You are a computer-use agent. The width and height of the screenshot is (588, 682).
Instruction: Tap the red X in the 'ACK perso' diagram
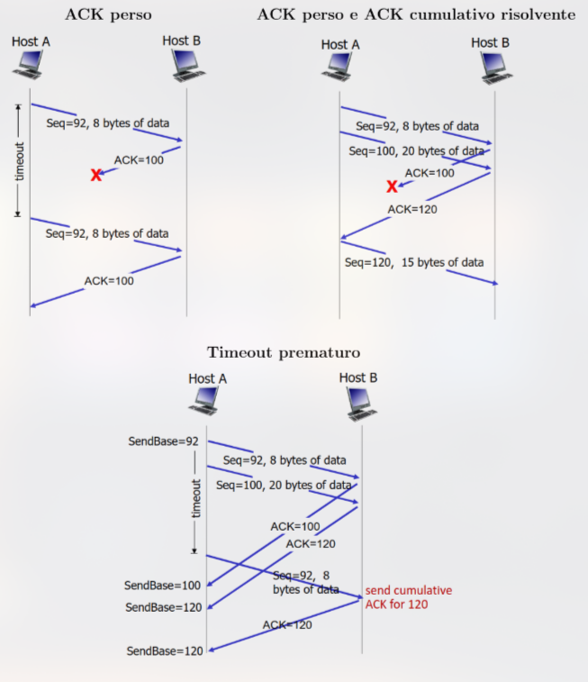pyautogui.click(x=96, y=175)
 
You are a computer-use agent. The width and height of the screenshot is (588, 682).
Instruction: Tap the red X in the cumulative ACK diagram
pyautogui.click(x=392, y=186)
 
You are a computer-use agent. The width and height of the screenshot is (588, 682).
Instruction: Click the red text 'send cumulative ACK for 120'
pyautogui.click(x=395, y=596)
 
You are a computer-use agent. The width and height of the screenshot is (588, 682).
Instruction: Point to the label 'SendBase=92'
pyautogui.click(x=163, y=441)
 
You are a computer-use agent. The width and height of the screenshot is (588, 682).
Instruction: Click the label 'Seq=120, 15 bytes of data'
pyautogui.click(x=414, y=262)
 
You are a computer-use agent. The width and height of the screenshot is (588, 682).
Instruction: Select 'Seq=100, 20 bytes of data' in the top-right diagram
pyautogui.click(x=415, y=150)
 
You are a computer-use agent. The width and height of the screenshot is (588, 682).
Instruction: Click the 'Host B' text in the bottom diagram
pyautogui.click(x=357, y=377)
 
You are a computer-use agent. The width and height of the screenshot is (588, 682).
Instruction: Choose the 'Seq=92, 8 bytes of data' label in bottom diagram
pyautogui.click(x=285, y=460)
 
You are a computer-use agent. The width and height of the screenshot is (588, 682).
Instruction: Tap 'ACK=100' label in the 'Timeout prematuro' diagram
pyautogui.click(x=295, y=525)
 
